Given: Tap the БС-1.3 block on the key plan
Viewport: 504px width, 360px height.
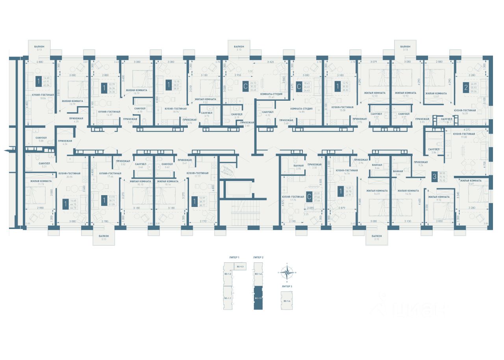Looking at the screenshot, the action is coord(239,267).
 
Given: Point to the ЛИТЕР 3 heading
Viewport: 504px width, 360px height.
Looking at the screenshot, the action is coord(287,286).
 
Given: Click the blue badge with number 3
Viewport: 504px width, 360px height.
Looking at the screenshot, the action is coord(434,177).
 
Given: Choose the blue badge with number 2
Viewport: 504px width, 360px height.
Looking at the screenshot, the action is coord(466,87).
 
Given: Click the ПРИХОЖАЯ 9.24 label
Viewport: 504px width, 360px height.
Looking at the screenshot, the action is coord(421,164).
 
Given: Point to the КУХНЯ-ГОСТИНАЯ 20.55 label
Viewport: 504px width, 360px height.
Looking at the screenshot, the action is coord(69,175).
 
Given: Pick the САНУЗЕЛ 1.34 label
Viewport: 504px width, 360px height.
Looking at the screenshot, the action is coord(447,120).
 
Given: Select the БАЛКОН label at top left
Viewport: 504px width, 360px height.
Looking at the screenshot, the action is coord(39,46).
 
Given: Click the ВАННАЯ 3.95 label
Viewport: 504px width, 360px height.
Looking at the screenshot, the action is coord(298,167).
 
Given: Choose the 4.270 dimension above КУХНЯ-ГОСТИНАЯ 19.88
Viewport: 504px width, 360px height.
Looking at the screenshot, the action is coord(467,129).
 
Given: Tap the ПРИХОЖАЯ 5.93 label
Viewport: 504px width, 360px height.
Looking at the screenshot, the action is coord(422,120).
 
